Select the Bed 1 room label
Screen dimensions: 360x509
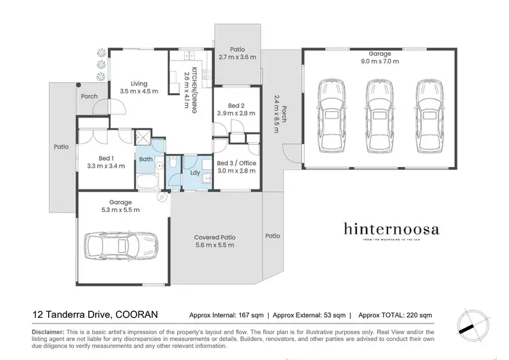pos(105,158)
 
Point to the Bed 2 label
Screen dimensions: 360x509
pos(235,105)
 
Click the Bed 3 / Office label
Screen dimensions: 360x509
pos(236,164)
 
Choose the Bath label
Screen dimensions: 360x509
pos(146,160)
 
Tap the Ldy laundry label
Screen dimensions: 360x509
pos(195,173)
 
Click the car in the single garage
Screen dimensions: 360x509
pos(120,245)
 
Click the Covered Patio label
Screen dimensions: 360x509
pos(215,237)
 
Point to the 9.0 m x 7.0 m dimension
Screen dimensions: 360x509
pos(379,62)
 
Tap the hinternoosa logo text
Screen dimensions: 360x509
pos(390,229)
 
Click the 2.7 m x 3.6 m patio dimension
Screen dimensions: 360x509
pos(238,57)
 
